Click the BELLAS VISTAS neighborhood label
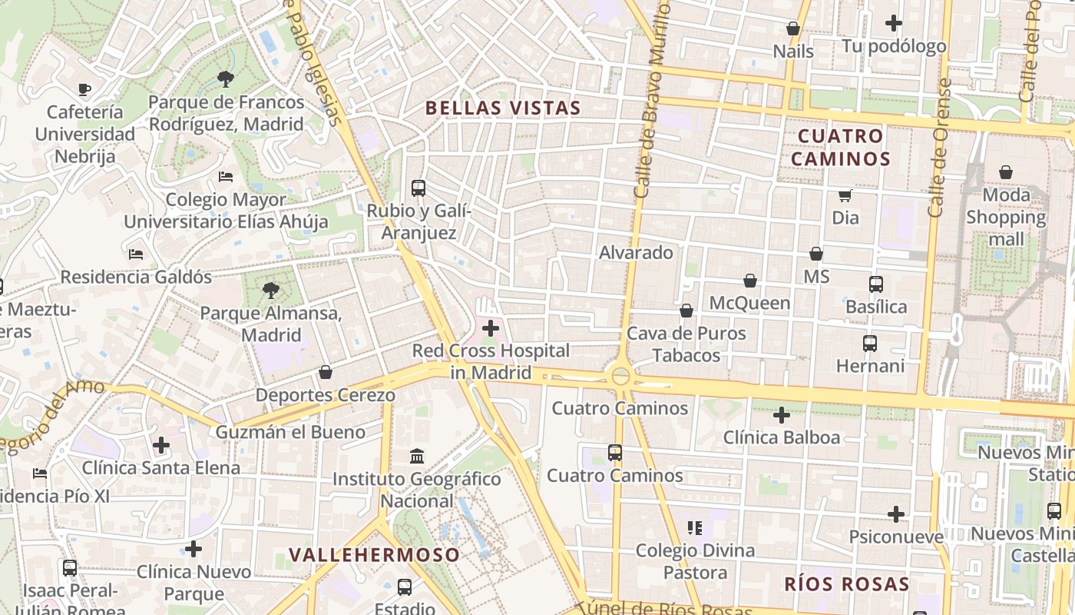[x=503, y=108]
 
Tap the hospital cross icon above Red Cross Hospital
[x=490, y=329]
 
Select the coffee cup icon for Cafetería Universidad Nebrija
[x=84, y=90]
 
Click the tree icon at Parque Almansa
[x=270, y=291]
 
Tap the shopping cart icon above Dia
[x=845, y=195]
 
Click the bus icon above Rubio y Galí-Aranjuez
[x=418, y=188]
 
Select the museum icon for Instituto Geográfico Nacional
[x=417, y=457]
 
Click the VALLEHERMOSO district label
[x=375, y=554]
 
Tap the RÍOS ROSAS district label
[x=846, y=583]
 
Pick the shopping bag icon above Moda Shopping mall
[x=1005, y=173]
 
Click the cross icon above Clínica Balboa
[x=781, y=415]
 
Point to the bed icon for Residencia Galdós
[x=136, y=254]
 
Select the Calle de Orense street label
[x=939, y=148]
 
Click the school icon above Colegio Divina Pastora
[x=695, y=528]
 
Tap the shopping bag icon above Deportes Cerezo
[x=326, y=373]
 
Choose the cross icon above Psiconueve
[x=895, y=514]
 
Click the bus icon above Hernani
[x=869, y=344]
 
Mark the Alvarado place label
[x=636, y=252]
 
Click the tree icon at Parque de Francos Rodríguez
[x=225, y=78]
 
